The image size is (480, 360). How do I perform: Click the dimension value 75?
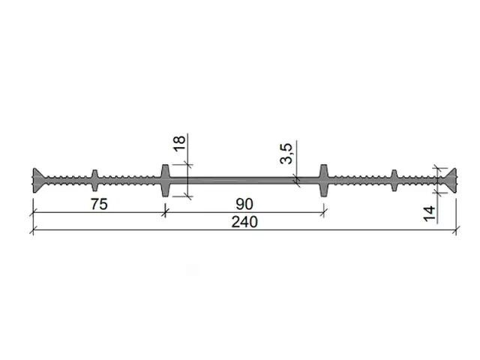click(x=99, y=204)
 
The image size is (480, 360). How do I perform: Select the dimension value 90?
click(x=244, y=204)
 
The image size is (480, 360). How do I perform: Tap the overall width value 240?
click(x=244, y=222)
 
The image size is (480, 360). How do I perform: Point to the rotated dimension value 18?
click(x=179, y=143)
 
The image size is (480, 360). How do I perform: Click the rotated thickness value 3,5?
click(x=286, y=153)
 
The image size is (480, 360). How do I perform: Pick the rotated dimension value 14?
click(x=429, y=214)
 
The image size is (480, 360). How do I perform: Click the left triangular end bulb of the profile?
click(x=38, y=181)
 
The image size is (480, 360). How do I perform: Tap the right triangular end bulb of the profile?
click(x=451, y=181)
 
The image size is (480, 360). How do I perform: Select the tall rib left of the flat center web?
click(x=165, y=181)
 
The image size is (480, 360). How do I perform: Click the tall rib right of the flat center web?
click(x=324, y=181)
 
